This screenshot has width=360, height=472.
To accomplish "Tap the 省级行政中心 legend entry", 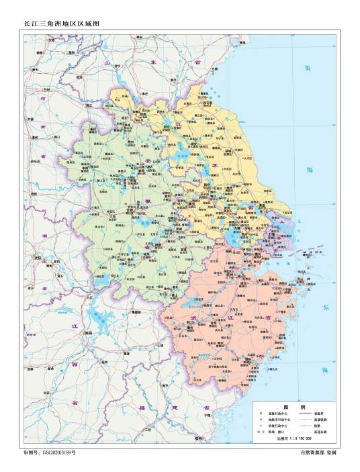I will click(x=276, y=415).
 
